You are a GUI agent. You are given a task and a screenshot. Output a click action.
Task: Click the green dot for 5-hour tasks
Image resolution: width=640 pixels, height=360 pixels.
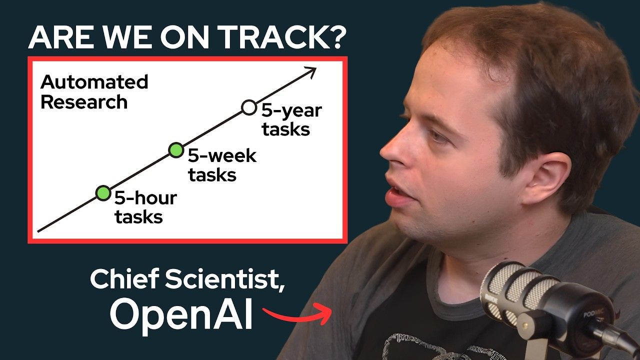coord(103,192)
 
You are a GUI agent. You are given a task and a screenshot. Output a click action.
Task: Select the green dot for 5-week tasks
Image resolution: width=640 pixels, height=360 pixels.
coord(175,149)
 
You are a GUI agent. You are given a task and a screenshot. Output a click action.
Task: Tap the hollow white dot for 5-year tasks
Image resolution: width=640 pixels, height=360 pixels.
coord(248,106)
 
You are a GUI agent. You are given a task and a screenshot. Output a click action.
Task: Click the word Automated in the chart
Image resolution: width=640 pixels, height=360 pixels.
coord(94,82)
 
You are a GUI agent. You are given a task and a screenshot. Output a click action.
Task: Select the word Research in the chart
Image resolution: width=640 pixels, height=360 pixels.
coord(83,102)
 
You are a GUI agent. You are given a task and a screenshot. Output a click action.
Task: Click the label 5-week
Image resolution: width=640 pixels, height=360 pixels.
coord(221,156)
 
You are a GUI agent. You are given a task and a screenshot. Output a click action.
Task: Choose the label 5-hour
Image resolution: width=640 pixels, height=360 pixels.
coord(145,198)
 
